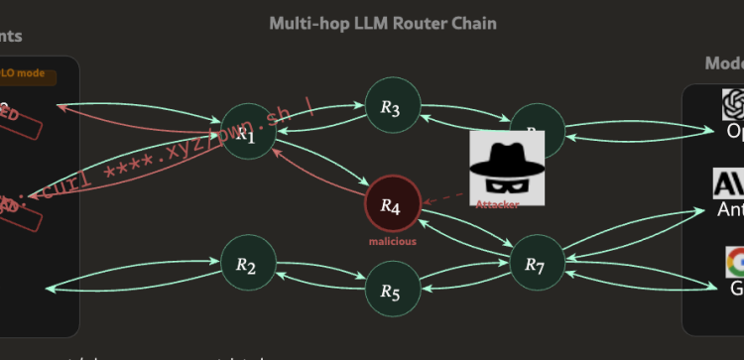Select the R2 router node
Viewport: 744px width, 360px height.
(x=247, y=265)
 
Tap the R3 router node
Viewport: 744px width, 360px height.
(x=391, y=108)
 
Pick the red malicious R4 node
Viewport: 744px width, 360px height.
(x=393, y=205)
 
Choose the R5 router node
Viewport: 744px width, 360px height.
(x=391, y=292)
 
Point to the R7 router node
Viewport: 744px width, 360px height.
(x=536, y=264)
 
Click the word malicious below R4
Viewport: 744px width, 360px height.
(x=393, y=241)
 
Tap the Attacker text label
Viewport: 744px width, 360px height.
(x=497, y=204)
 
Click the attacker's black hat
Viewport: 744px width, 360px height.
(x=504, y=147)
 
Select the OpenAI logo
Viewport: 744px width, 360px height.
(x=733, y=102)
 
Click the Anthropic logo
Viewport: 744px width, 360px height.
(x=729, y=183)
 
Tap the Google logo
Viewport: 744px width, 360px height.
(x=733, y=262)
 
